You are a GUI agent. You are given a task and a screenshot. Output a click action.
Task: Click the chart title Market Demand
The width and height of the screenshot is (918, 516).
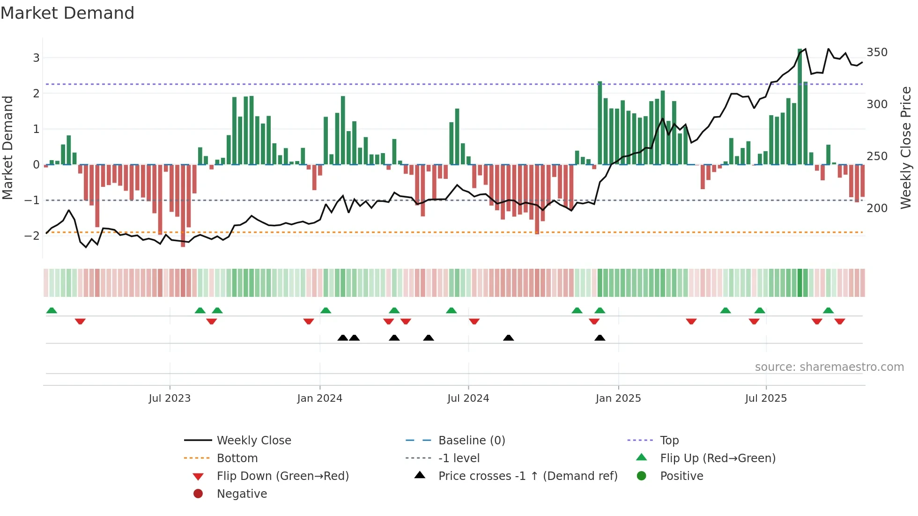coord(67,13)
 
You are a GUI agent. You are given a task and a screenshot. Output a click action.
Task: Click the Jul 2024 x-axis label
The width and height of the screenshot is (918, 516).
coord(468,398)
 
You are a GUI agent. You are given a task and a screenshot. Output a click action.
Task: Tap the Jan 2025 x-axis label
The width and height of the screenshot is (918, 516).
coord(618,398)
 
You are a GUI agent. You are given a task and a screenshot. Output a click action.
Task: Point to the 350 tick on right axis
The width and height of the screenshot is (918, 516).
coord(877,52)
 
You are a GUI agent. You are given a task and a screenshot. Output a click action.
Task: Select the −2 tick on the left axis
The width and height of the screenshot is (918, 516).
coord(32,236)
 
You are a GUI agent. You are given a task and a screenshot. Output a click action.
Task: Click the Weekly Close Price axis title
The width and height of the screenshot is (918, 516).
coord(906,147)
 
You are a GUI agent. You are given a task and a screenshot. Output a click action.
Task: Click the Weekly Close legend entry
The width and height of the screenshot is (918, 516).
coord(253,441)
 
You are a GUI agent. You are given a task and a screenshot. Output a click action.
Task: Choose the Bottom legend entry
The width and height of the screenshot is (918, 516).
coord(237,458)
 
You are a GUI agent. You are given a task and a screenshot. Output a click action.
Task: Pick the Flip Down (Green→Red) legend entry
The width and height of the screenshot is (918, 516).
coord(282,476)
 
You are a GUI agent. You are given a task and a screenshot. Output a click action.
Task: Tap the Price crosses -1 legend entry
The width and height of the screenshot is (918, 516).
coord(527,476)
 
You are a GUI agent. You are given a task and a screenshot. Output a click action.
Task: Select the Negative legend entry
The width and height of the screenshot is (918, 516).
coord(242,494)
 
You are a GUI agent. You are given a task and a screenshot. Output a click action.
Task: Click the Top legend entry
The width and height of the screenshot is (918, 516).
coord(669,441)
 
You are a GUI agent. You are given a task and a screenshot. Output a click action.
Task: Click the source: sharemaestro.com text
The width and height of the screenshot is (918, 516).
coord(829,367)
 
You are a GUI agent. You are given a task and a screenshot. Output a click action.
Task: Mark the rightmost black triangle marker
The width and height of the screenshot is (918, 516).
coord(600,338)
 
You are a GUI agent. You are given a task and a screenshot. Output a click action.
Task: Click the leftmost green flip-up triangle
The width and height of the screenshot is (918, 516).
coord(52,310)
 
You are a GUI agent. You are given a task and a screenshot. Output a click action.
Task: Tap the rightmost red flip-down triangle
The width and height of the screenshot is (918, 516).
coord(839,321)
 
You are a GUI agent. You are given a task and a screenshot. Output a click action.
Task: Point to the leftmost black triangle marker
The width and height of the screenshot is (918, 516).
coord(342,338)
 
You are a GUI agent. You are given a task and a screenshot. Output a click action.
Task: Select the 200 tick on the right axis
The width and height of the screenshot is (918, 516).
coord(877,208)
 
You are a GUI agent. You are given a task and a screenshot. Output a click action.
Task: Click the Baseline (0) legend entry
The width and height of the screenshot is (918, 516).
coord(471,441)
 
